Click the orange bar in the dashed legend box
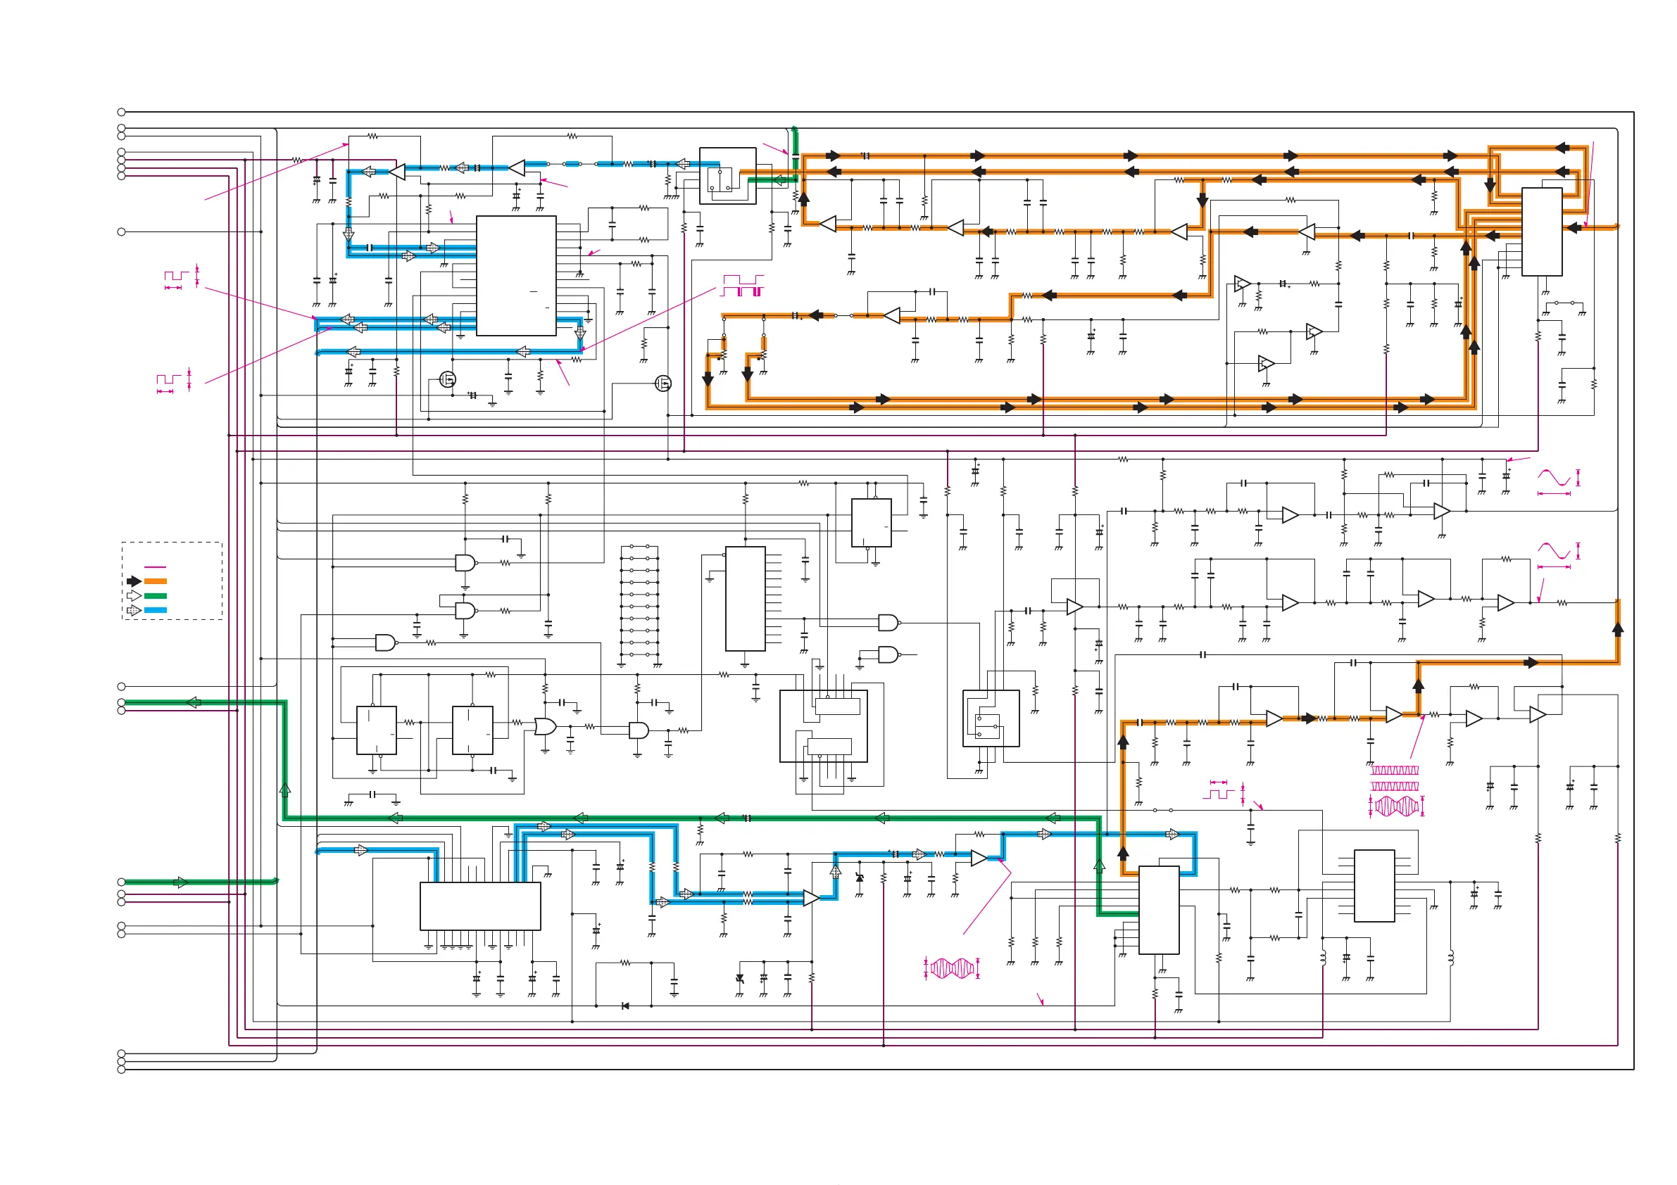156,581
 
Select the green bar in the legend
156,596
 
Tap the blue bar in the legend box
156,610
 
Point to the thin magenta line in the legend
156,567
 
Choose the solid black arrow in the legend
134,581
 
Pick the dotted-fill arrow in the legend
134,610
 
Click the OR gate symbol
545,726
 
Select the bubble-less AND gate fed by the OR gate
639,730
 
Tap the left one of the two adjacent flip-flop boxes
376,730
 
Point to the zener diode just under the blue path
859,877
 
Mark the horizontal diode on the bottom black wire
625,1006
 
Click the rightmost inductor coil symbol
1450,957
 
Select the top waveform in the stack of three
1395,771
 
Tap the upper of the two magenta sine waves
1554,479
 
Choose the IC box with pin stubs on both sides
1374,886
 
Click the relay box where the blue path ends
727,176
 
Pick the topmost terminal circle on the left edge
121,112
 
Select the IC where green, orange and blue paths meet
1158,910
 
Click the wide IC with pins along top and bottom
480,906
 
